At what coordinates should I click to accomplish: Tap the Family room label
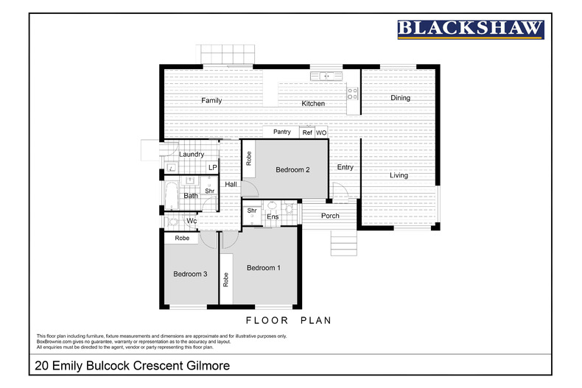pyautogui.click(x=211, y=100)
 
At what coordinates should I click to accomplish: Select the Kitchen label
pyautogui.click(x=313, y=104)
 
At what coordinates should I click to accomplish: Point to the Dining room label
pyautogui.click(x=400, y=98)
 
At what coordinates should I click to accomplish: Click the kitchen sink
pyautogui.click(x=324, y=75)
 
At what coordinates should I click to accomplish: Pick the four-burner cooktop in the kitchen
pyautogui.click(x=353, y=93)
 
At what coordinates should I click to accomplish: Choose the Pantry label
pyautogui.click(x=281, y=132)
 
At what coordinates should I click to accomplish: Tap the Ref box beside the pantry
pyautogui.click(x=307, y=133)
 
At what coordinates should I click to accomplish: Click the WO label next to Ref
pyautogui.click(x=321, y=133)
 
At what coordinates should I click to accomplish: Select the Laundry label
pyautogui.click(x=192, y=155)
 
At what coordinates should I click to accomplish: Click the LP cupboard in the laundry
pyautogui.click(x=212, y=168)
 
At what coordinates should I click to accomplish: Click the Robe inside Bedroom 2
pyautogui.click(x=249, y=158)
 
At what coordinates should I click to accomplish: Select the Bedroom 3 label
pyautogui.click(x=190, y=275)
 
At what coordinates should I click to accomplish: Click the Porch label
pyautogui.click(x=331, y=216)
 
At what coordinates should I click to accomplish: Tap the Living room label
pyautogui.click(x=399, y=175)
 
